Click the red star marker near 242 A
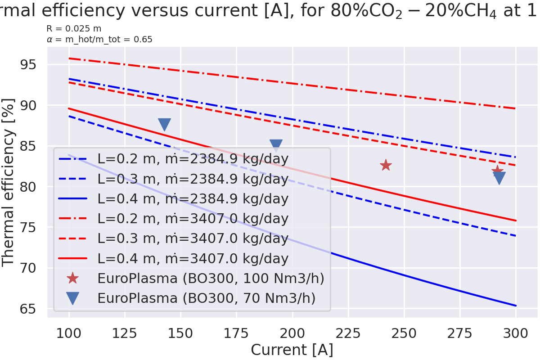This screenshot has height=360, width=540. pos(386,165)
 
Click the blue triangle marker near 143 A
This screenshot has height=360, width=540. pos(165,125)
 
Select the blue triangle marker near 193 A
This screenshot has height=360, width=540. pos(276,145)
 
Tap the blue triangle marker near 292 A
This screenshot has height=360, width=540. pos(499,178)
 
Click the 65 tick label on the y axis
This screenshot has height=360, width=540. pos(30,309)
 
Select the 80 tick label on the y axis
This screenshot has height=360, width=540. pos(30,187)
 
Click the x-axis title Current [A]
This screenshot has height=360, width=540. pos(292,350)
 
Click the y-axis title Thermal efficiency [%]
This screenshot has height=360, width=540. pos(9,182)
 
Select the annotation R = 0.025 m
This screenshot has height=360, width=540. pos(74,29)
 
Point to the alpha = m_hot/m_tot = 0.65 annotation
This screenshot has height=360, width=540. pos(99,40)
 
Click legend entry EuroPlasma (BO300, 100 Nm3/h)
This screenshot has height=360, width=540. pos(211,279)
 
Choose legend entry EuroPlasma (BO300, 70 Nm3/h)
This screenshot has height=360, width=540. pos(207,298)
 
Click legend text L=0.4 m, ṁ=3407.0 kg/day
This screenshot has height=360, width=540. pos(193,259)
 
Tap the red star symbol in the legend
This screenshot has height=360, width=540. pos(72,279)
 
